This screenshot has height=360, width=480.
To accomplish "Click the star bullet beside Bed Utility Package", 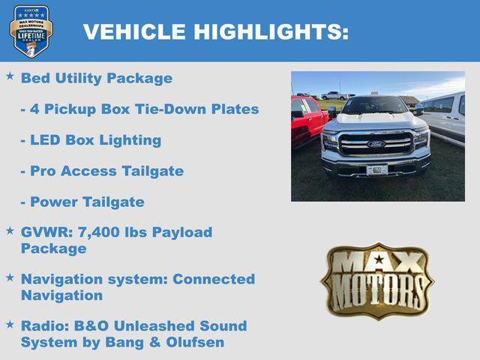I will pyautogui.click(x=10, y=77).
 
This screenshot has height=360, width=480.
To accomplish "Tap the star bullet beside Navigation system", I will pyautogui.click(x=10, y=278).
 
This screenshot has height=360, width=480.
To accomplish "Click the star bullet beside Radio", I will pyautogui.click(x=10, y=325).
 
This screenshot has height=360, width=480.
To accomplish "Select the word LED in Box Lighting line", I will pyautogui.click(x=46, y=140).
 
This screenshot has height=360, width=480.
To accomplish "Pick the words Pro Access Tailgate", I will pyautogui.click(x=106, y=171).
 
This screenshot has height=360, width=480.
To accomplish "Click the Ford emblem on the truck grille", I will pyautogui.click(x=376, y=143).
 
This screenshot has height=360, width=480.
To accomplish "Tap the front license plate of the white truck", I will pyautogui.click(x=376, y=169).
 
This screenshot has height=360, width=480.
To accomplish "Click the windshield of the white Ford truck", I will pyautogui.click(x=375, y=106).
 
